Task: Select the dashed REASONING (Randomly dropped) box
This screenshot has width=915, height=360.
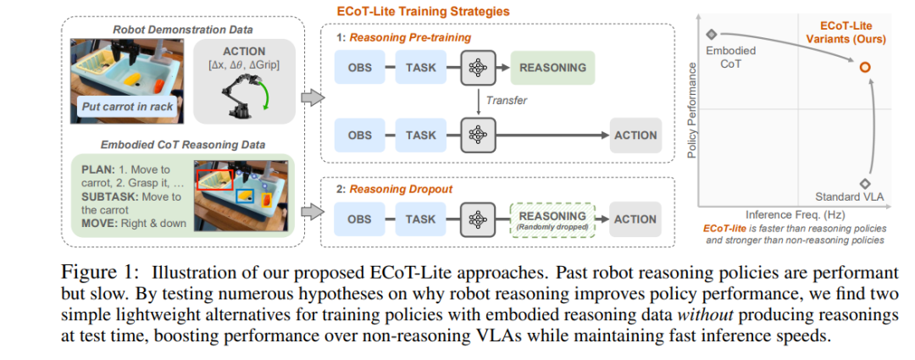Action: [x=552, y=219]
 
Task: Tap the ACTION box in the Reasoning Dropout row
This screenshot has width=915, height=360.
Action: [x=635, y=219]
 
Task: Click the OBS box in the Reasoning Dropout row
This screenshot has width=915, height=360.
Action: [x=360, y=219]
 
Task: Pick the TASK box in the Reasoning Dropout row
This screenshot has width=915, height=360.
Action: [x=421, y=219]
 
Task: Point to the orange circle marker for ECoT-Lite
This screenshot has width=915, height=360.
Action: [x=864, y=68]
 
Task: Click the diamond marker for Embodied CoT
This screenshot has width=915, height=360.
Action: [x=712, y=35]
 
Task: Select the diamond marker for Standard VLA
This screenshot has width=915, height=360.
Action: [x=864, y=183]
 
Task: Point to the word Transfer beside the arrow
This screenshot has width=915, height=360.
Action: [x=506, y=101]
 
